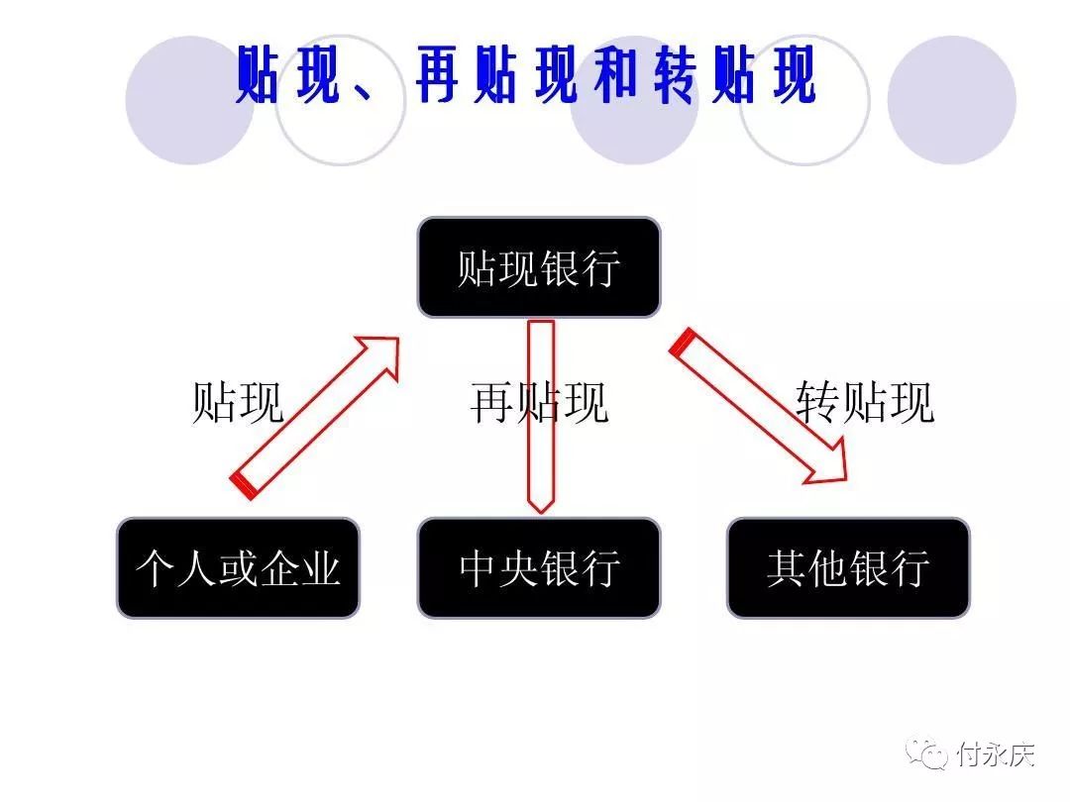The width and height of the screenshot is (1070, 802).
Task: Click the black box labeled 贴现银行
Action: (539, 267)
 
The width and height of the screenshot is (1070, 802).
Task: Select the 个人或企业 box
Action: (238, 568)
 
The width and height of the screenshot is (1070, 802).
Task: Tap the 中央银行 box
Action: (539, 568)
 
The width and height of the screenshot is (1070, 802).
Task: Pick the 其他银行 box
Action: (848, 568)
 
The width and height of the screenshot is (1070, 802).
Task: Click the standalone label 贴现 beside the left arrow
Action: (238, 402)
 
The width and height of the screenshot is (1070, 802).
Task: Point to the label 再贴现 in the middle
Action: (539, 402)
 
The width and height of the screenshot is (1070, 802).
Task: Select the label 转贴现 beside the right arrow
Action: (865, 402)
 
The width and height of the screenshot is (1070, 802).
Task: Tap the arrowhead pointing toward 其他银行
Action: (828, 463)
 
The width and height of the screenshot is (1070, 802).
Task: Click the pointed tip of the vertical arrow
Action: (541, 512)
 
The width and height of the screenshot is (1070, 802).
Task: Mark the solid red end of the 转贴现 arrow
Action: (683, 343)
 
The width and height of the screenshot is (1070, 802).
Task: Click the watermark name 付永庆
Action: (996, 754)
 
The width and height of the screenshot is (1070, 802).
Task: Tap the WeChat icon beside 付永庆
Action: (926, 753)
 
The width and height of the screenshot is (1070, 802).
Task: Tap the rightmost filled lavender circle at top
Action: (952, 100)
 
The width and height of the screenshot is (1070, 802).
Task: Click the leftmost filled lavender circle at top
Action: (189, 100)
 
